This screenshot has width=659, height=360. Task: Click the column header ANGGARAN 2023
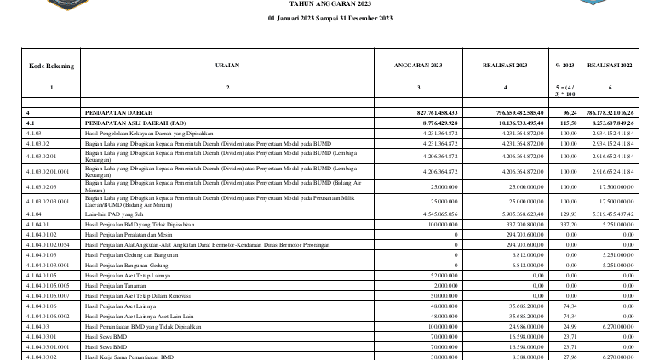(x=417, y=65)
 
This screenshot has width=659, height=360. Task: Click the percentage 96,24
(x=567, y=112)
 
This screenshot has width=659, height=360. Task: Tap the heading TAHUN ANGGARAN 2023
(x=329, y=3)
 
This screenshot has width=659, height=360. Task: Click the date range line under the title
(x=329, y=18)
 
